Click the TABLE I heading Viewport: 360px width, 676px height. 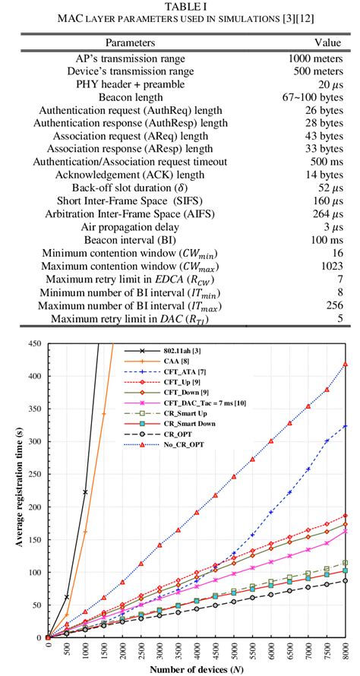(180, 6)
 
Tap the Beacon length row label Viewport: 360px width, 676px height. (130, 98)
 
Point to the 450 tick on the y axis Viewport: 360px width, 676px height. (34, 344)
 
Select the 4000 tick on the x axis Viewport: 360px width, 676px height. (197, 653)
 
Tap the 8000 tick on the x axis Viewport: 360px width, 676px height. (346, 653)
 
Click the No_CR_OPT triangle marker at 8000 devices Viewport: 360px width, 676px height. (346, 365)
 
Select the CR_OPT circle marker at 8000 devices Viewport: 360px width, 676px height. (346, 581)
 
